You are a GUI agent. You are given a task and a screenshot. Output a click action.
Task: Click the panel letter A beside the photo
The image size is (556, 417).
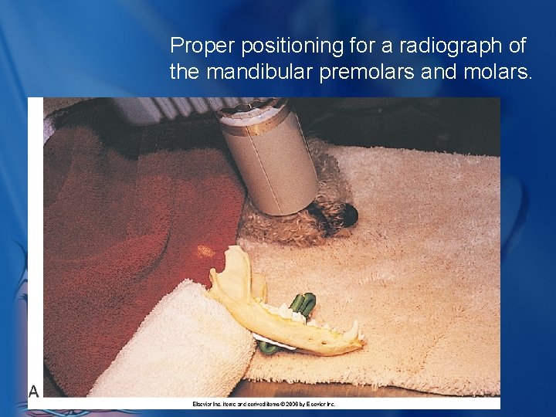(34, 392)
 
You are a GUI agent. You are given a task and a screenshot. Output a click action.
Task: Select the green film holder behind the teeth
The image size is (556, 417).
(302, 304)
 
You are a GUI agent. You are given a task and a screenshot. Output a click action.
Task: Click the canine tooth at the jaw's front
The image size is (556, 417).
(355, 330)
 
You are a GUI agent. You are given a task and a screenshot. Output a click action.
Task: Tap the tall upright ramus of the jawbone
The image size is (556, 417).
(236, 275)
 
